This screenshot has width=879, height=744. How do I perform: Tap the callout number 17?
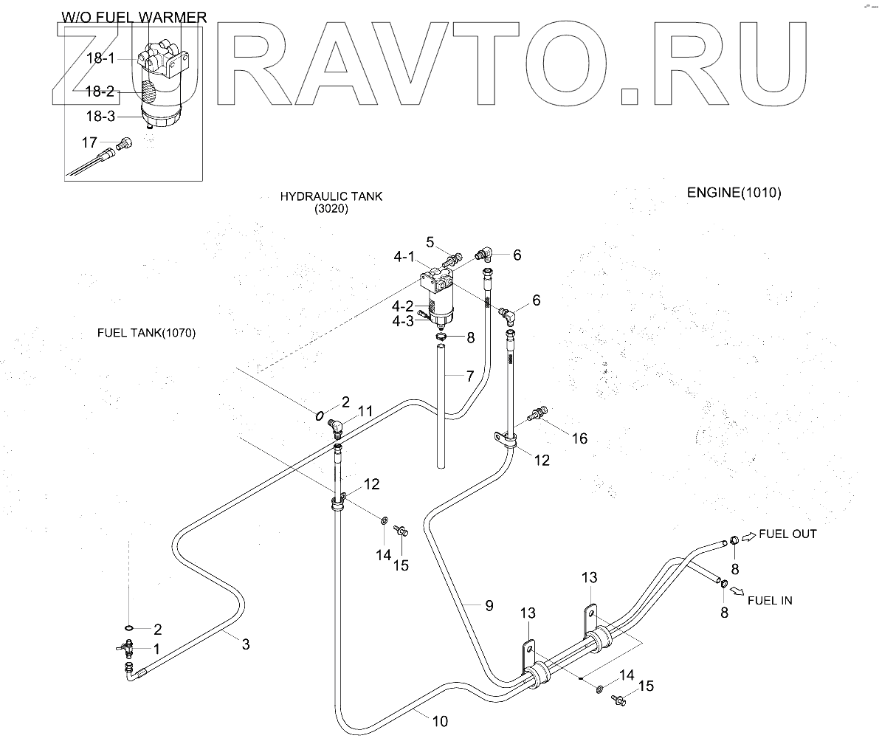point(89,142)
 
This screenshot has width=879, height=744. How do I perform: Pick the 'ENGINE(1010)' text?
point(734,193)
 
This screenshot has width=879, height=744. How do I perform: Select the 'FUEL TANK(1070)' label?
point(146,333)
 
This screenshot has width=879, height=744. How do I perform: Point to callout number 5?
point(432,242)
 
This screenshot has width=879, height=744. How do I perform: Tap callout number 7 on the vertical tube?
point(469,376)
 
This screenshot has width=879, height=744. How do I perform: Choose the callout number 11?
point(365,412)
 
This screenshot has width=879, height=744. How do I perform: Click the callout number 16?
point(579,438)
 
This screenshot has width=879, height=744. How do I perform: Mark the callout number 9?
point(489,606)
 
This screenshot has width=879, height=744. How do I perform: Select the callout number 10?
point(439,721)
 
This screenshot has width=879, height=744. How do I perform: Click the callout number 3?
point(246,644)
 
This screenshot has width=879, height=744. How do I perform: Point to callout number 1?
point(156,648)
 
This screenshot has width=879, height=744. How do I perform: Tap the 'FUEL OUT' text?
point(787,534)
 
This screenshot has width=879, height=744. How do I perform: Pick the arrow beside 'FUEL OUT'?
point(748,537)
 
